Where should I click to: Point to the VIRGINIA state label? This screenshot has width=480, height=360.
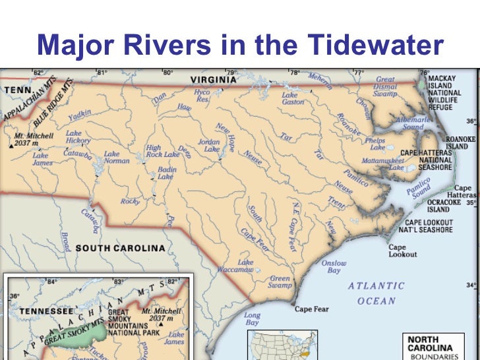(x=213, y=79)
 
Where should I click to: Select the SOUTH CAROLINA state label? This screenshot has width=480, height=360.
(x=120, y=248)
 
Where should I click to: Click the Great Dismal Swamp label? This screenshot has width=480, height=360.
(x=385, y=86)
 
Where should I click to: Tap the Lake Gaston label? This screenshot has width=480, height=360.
(x=293, y=98)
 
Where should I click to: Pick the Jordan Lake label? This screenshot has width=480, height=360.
(x=209, y=145)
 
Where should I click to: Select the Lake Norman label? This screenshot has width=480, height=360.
(x=117, y=157)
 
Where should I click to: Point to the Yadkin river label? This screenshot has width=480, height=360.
(x=80, y=115)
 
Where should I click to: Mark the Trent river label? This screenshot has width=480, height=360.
(x=336, y=203)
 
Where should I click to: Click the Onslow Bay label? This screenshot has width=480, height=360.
(x=334, y=266)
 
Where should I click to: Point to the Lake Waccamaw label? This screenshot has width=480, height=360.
(x=235, y=266)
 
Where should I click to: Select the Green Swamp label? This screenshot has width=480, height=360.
(x=280, y=282)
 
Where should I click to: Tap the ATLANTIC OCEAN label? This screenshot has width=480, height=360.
(x=376, y=293)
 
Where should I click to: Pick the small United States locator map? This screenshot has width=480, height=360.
(x=282, y=345)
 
